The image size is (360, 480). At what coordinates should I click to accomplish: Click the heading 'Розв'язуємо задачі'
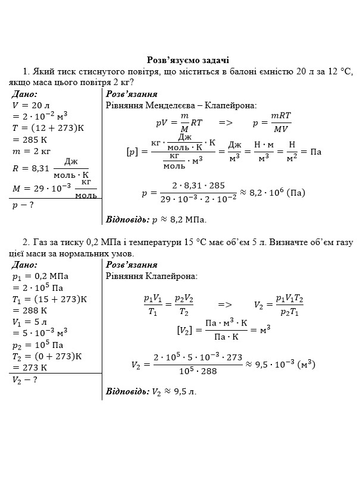[188, 60]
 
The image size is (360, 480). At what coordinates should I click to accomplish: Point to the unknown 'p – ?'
[23, 205]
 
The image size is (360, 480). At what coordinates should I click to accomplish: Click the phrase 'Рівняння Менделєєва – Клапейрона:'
[181, 105]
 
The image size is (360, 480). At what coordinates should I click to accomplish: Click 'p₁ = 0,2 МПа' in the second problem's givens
[40, 276]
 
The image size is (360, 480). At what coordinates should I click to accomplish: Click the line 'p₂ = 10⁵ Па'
[37, 345]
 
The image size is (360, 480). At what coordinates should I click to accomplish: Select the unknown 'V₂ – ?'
[24, 380]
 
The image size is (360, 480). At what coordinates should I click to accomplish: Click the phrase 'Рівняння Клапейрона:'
[152, 276]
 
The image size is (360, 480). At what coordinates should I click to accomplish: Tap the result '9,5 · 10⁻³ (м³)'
[280, 364]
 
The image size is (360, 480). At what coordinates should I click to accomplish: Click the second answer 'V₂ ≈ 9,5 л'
[174, 391]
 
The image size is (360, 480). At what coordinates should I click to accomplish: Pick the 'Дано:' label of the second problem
[24, 265]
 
